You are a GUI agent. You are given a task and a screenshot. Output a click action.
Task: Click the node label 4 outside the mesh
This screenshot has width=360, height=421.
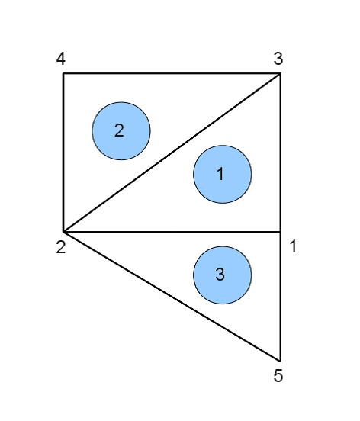click(61, 59)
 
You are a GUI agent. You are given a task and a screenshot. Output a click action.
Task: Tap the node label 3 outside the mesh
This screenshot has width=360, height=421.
click(278, 59)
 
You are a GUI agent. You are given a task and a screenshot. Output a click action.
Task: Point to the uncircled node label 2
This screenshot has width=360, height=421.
click(61, 247)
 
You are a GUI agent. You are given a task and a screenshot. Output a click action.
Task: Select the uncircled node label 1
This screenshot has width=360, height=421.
click(294, 246)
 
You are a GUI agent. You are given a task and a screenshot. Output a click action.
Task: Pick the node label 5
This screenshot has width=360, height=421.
click(278, 375)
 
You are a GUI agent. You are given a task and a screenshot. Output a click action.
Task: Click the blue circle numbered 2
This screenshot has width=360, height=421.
click(121, 131)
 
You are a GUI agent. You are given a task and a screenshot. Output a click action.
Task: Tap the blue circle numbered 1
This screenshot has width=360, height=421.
click(223, 174)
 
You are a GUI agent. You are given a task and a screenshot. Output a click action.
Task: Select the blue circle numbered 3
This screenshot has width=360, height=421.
click(223, 275)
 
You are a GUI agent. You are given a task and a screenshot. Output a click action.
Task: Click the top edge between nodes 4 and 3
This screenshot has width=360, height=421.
click(172, 73)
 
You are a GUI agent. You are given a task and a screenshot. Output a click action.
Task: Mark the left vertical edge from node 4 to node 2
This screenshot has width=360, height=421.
click(63, 153)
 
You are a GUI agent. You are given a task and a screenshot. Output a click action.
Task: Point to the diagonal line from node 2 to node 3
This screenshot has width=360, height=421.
click(172, 153)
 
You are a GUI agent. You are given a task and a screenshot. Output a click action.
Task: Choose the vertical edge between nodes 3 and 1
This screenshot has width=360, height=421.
click(281, 153)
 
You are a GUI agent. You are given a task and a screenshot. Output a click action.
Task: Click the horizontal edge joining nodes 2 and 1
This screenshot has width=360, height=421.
click(172, 231)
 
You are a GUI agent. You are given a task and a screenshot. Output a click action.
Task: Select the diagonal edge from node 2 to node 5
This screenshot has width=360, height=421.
click(172, 296)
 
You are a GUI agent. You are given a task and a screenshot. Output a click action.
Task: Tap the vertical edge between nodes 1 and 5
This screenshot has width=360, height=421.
click(281, 296)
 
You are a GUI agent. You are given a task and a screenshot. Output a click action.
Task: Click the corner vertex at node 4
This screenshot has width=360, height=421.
click(63, 73)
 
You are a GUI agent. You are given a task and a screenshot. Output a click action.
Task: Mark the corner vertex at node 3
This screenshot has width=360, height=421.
click(281, 73)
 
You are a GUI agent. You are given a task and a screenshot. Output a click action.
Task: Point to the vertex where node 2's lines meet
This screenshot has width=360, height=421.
click(63, 231)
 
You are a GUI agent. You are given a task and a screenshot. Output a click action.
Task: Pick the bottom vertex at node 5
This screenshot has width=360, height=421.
click(281, 361)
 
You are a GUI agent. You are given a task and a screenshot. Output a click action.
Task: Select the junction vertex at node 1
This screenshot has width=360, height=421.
click(281, 231)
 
